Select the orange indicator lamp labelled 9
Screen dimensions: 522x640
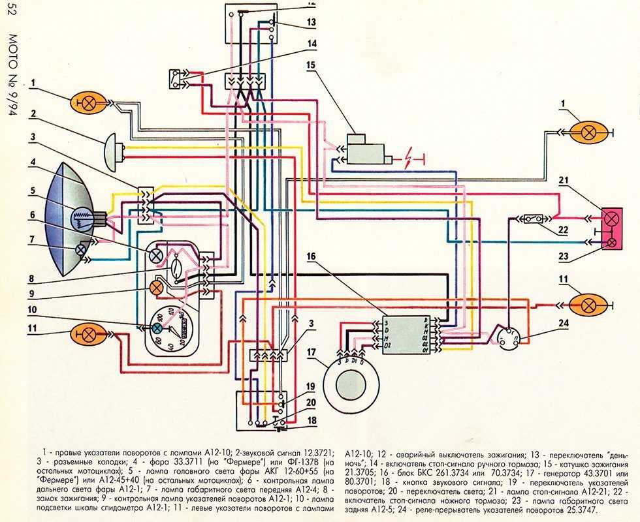[156, 287]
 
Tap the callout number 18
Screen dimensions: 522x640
[312, 420]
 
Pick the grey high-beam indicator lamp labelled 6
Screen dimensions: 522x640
[156, 256]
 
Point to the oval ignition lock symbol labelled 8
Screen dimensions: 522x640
[177, 266]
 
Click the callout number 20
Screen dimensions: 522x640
[312, 403]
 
